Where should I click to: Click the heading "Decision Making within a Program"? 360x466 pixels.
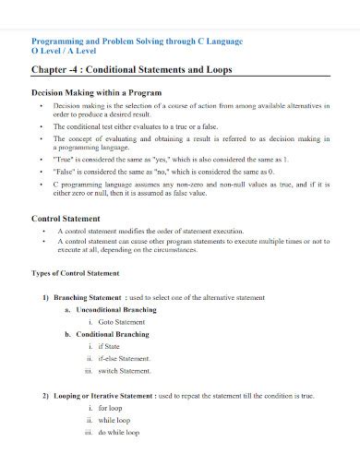(x=97, y=93)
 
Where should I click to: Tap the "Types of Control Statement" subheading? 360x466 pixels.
(x=76, y=274)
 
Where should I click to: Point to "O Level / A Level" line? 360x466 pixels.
(x=66, y=52)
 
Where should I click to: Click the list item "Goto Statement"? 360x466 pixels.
(x=123, y=322)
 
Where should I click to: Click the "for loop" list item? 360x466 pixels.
(x=111, y=407)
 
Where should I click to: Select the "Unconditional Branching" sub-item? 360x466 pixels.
(x=117, y=310)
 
